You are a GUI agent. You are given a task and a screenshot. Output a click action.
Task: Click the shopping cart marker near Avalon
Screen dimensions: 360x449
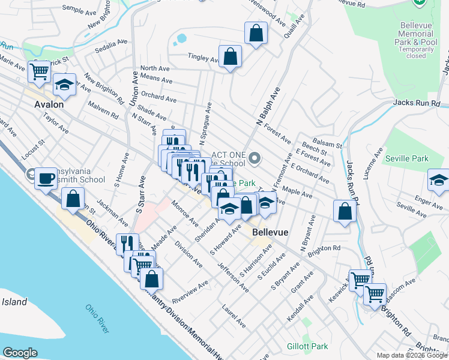click(x=40, y=72)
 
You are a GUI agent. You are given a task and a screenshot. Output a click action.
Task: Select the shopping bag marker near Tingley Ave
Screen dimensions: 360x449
click(x=230, y=57)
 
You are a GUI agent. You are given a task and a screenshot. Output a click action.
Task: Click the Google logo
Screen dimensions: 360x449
click(x=20, y=352)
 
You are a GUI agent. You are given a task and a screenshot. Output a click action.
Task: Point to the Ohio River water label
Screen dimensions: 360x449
click(x=97, y=319)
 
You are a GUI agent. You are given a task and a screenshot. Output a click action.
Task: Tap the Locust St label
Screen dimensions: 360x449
click(x=34, y=152)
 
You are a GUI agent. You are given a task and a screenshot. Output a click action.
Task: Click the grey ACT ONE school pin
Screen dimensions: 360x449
click(x=255, y=159)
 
